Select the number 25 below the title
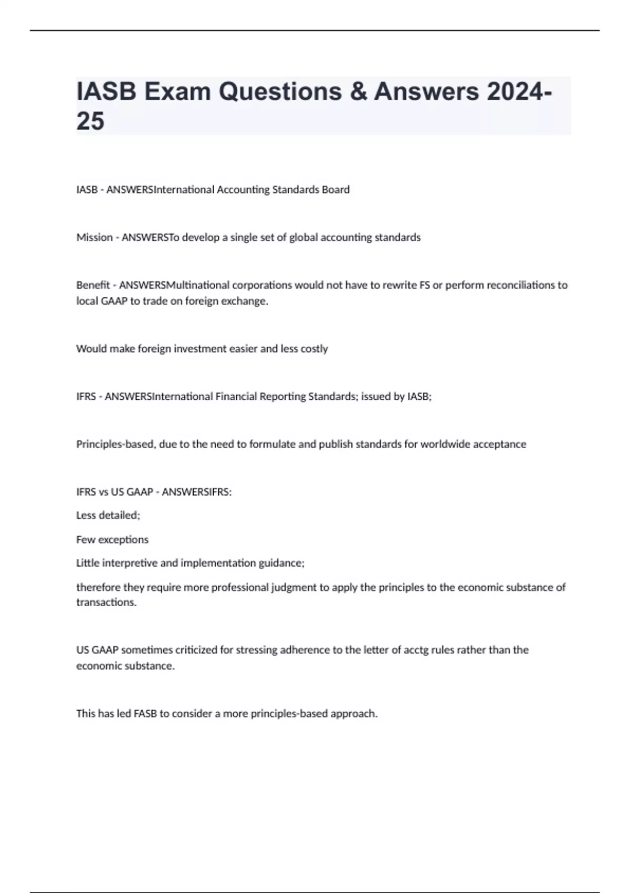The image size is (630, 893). tap(90, 121)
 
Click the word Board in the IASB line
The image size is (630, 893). tap(335, 190)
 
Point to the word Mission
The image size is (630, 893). tap(94, 237)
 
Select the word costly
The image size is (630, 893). tap(314, 349)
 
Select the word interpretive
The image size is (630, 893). tap(130, 563)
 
